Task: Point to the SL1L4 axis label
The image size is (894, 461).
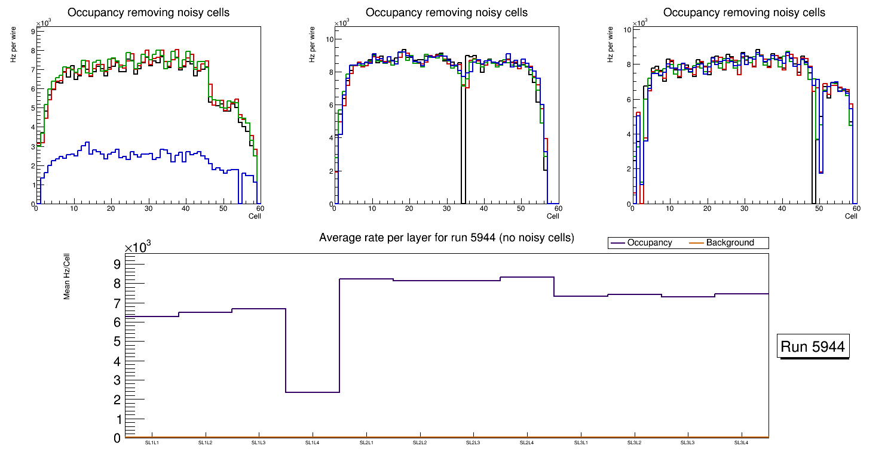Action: [x=313, y=442]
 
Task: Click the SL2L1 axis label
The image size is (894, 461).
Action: [x=366, y=442]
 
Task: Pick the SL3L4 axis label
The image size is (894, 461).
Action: [x=742, y=442]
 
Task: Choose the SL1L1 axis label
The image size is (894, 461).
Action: [x=152, y=442]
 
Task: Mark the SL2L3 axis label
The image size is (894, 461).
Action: [x=473, y=442]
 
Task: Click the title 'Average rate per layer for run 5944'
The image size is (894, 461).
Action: [x=446, y=238]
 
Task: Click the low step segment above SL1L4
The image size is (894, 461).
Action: [x=313, y=392]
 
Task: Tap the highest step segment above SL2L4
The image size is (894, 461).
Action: [x=527, y=277]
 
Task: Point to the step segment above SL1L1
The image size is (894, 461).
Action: [x=152, y=316]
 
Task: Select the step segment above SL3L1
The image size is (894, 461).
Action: [x=581, y=296]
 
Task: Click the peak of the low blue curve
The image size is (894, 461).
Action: [x=87, y=143]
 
